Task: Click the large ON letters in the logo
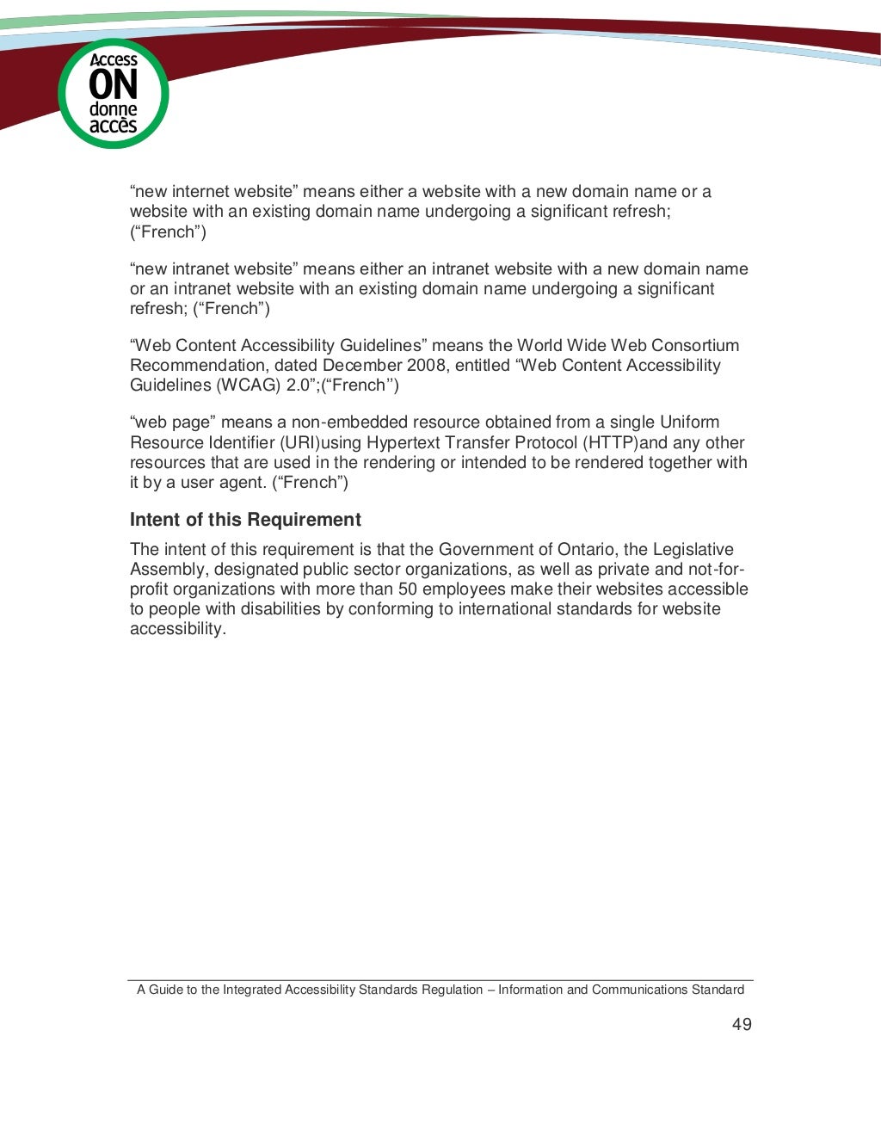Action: (x=113, y=85)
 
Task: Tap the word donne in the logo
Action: (x=113, y=109)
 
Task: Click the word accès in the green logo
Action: (x=113, y=126)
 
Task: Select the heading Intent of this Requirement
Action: (x=245, y=520)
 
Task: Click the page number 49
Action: (x=742, y=1024)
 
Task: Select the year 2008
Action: (x=422, y=366)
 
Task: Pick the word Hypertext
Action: (x=404, y=443)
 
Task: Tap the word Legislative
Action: (x=693, y=550)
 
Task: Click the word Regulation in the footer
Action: (x=452, y=990)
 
